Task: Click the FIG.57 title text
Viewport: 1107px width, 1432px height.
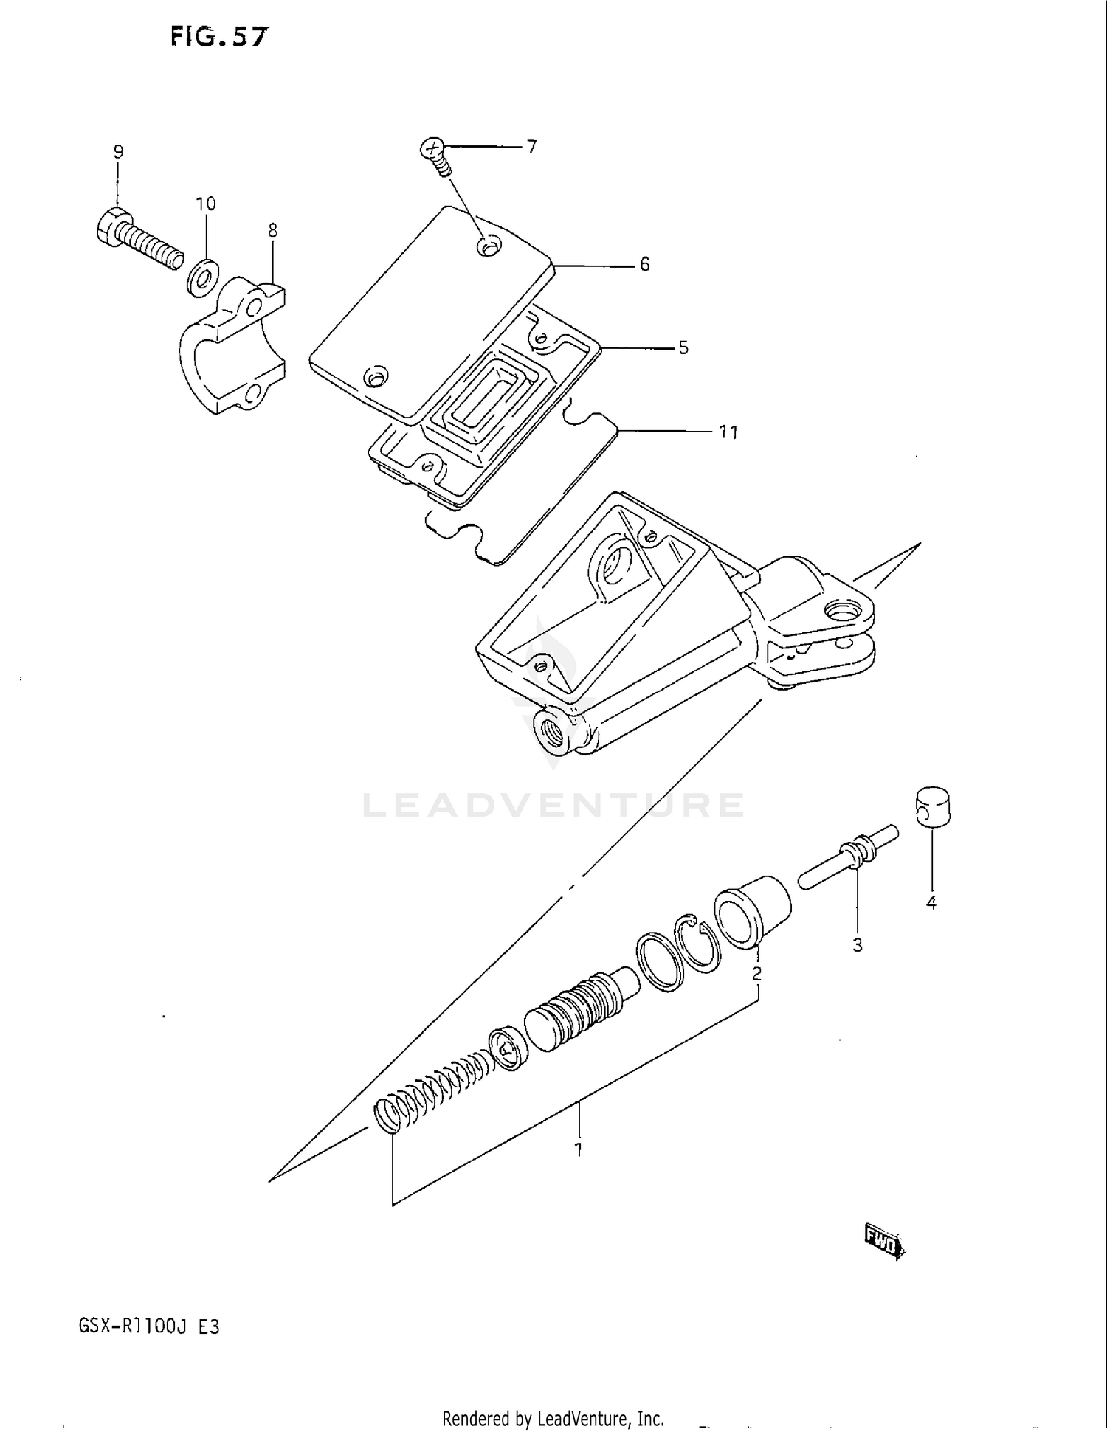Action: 219,36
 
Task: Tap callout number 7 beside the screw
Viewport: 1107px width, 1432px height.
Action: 531,147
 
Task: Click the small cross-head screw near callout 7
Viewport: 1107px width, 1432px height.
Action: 435,155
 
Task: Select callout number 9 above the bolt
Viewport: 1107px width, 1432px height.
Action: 118,152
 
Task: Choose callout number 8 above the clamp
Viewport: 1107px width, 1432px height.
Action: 272,230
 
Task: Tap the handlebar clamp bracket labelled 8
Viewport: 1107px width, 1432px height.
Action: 229,347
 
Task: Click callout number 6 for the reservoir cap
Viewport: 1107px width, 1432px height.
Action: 644,264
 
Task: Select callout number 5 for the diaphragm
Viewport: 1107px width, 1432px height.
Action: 683,347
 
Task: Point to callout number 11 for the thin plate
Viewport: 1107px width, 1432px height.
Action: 728,432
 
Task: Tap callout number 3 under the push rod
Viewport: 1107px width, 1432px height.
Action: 858,945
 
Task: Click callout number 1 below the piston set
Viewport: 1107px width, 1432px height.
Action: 579,1149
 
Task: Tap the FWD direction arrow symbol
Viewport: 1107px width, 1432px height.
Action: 883,1242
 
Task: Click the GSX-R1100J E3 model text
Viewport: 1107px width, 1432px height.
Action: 148,1326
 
